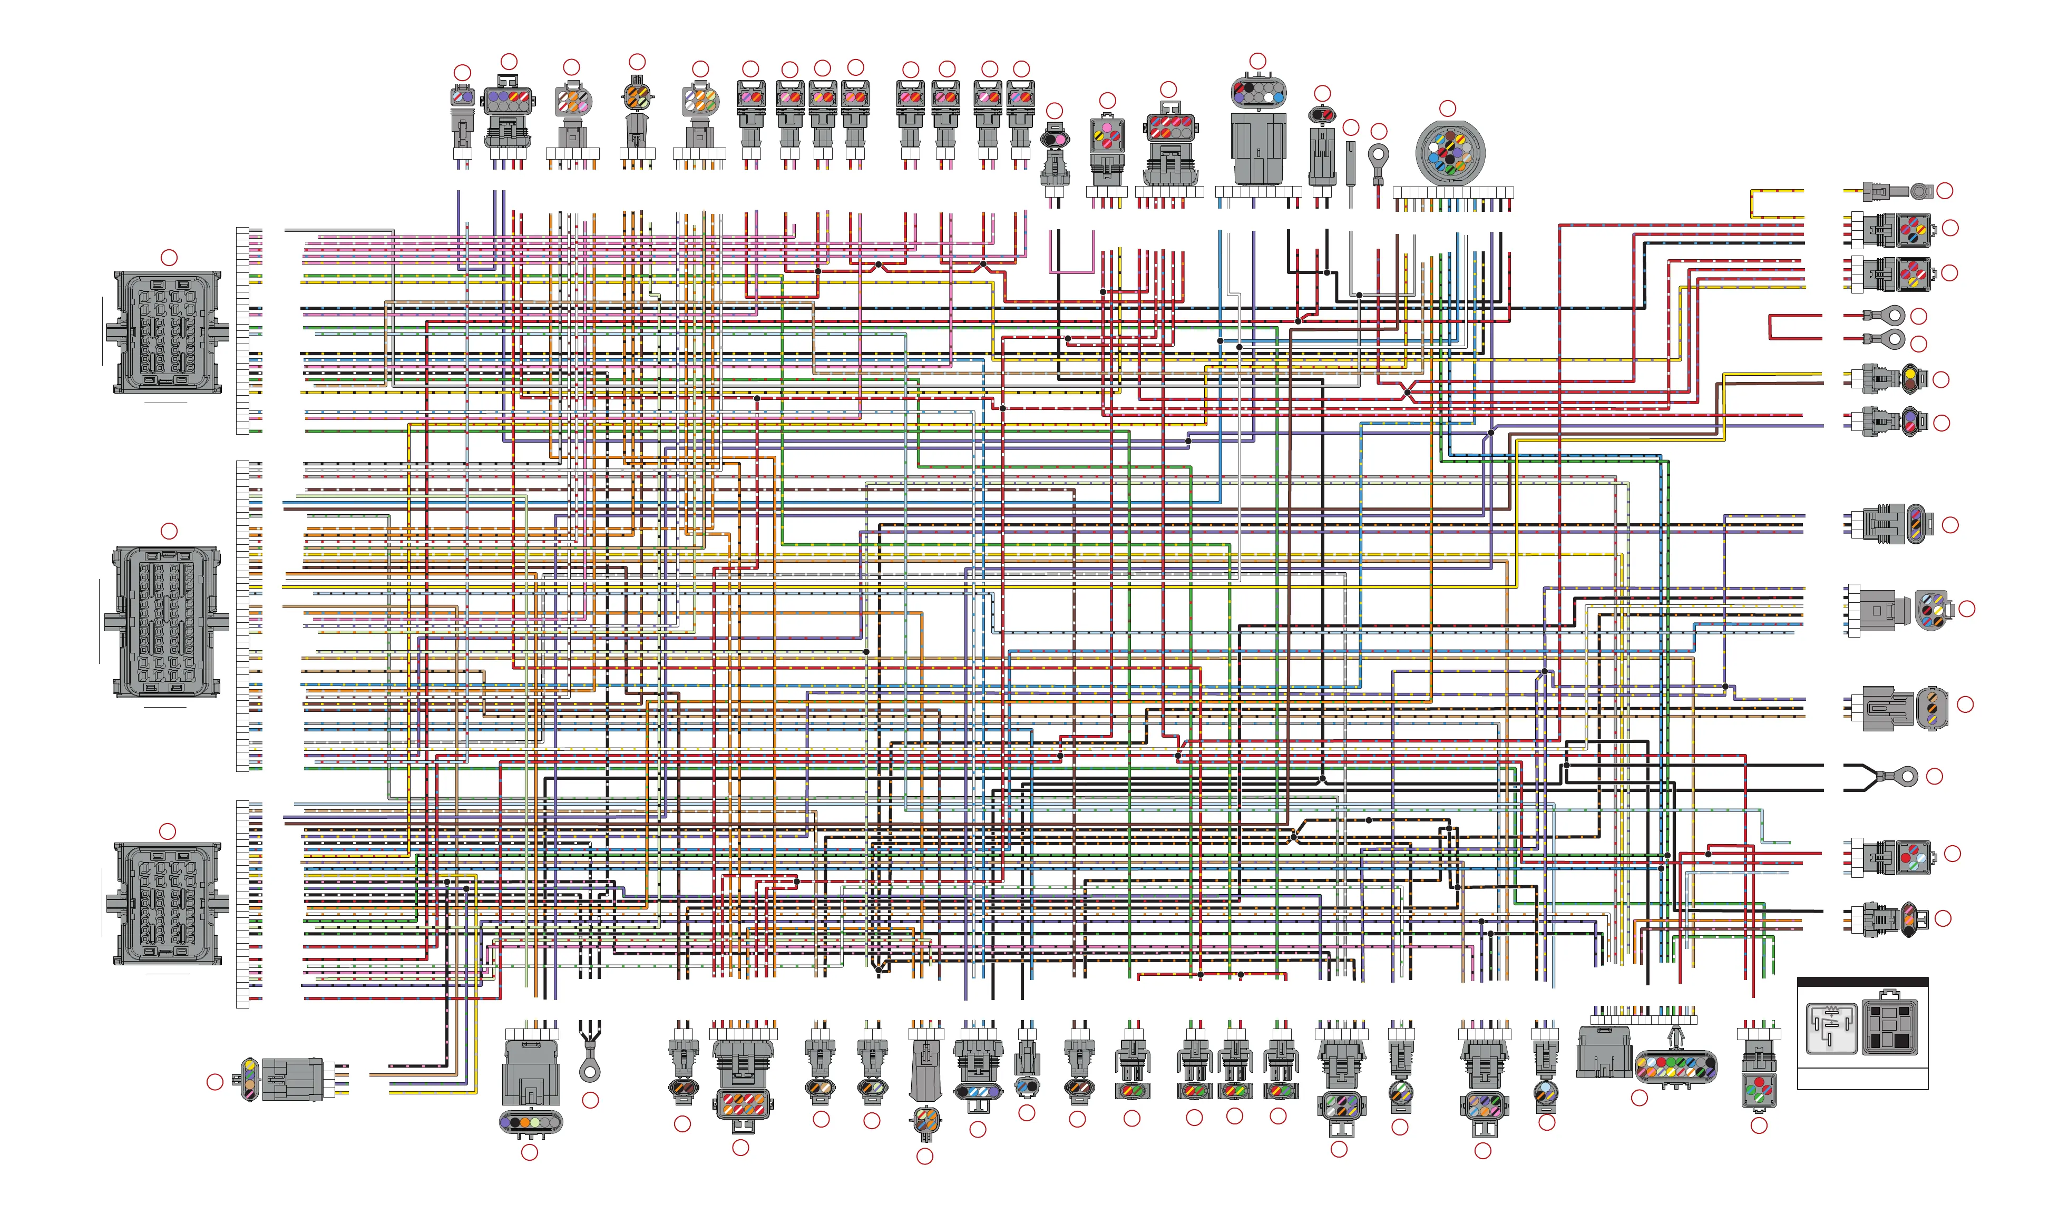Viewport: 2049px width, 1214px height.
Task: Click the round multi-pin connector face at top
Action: (x=1449, y=153)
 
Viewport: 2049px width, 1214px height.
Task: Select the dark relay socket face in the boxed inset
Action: (x=1889, y=1026)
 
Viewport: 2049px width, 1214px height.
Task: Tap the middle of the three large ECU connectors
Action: (x=166, y=622)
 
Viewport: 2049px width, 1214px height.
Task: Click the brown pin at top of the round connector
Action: (x=1449, y=136)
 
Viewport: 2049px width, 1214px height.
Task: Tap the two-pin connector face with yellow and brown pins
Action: (x=1909, y=379)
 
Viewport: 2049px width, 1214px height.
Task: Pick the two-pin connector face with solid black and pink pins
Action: (x=1055, y=140)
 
